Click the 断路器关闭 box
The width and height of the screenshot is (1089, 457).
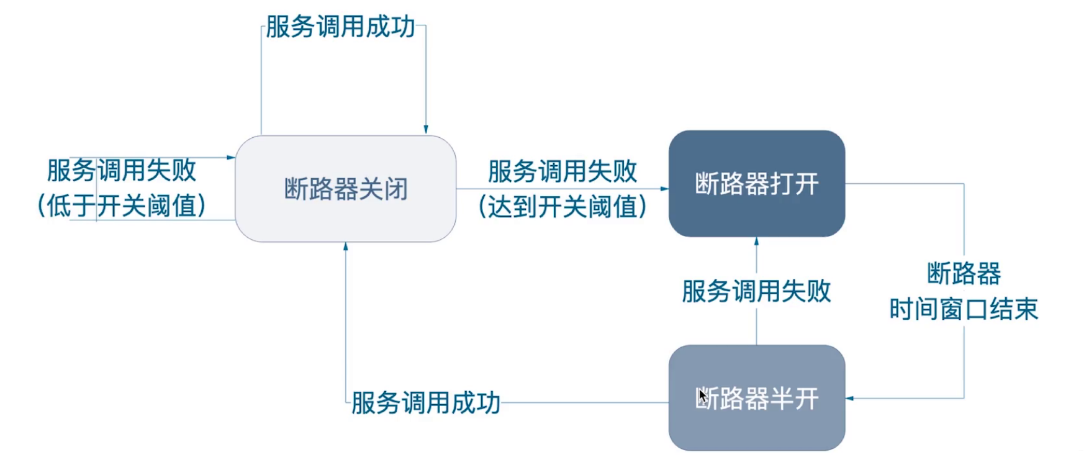[345, 189]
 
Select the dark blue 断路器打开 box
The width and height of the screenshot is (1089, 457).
[756, 184]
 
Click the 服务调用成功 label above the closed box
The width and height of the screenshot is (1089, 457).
[340, 27]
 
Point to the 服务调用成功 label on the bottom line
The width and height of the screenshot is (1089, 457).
[426, 402]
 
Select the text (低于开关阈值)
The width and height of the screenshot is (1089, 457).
[122, 206]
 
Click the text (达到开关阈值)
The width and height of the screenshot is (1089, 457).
[563, 207]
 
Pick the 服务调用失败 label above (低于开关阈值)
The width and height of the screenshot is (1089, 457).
[122, 170]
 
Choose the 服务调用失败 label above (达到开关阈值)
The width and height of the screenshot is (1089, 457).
[563, 171]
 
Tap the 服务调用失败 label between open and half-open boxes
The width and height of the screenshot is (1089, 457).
[756, 291]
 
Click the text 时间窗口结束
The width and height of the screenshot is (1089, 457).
[964, 309]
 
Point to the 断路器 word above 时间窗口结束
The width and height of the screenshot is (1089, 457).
[964, 273]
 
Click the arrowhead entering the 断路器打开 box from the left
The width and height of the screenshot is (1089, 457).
[664, 189]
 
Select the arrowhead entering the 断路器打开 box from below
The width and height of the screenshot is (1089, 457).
[756, 242]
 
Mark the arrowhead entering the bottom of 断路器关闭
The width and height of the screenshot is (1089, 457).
[346, 247]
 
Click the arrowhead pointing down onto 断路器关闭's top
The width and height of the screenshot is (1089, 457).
[426, 130]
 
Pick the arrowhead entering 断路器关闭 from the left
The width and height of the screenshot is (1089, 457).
[231, 158]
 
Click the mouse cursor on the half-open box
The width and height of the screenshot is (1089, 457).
[702, 396]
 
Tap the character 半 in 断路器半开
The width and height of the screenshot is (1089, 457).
[781, 399]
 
